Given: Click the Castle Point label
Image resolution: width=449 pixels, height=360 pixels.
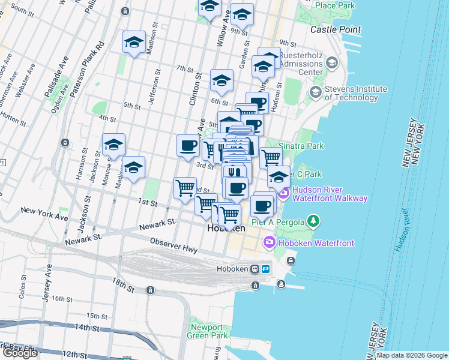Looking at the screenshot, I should [336, 29].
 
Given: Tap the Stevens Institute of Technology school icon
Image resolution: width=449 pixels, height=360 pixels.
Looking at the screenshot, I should [315, 92].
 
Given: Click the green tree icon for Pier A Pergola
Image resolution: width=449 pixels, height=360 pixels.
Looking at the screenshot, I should [312, 221].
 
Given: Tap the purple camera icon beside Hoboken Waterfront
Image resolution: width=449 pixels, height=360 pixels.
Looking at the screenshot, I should [269, 242].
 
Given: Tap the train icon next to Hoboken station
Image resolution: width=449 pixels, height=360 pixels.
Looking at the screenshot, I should [255, 269].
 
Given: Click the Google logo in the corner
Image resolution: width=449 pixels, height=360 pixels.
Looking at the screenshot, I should [20, 353].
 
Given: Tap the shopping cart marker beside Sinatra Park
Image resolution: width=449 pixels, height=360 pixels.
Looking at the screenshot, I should [271, 158].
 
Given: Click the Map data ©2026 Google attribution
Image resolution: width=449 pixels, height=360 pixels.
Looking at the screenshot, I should [412, 355].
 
